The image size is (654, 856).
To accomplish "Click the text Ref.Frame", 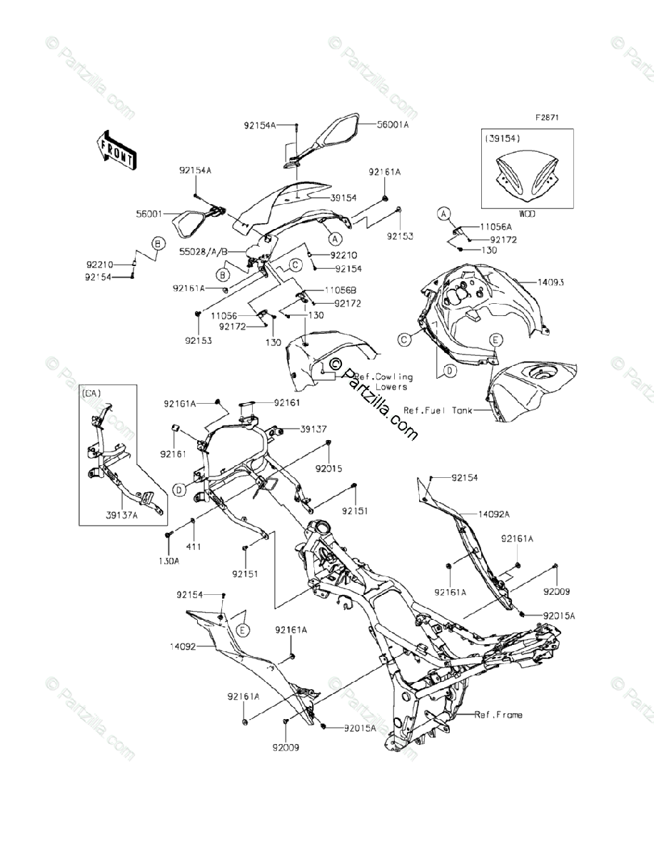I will point(498,715).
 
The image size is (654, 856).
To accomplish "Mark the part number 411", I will point(193,546).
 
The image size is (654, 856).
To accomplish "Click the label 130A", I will point(169,561).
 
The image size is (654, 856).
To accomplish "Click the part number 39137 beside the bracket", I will point(313,429).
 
